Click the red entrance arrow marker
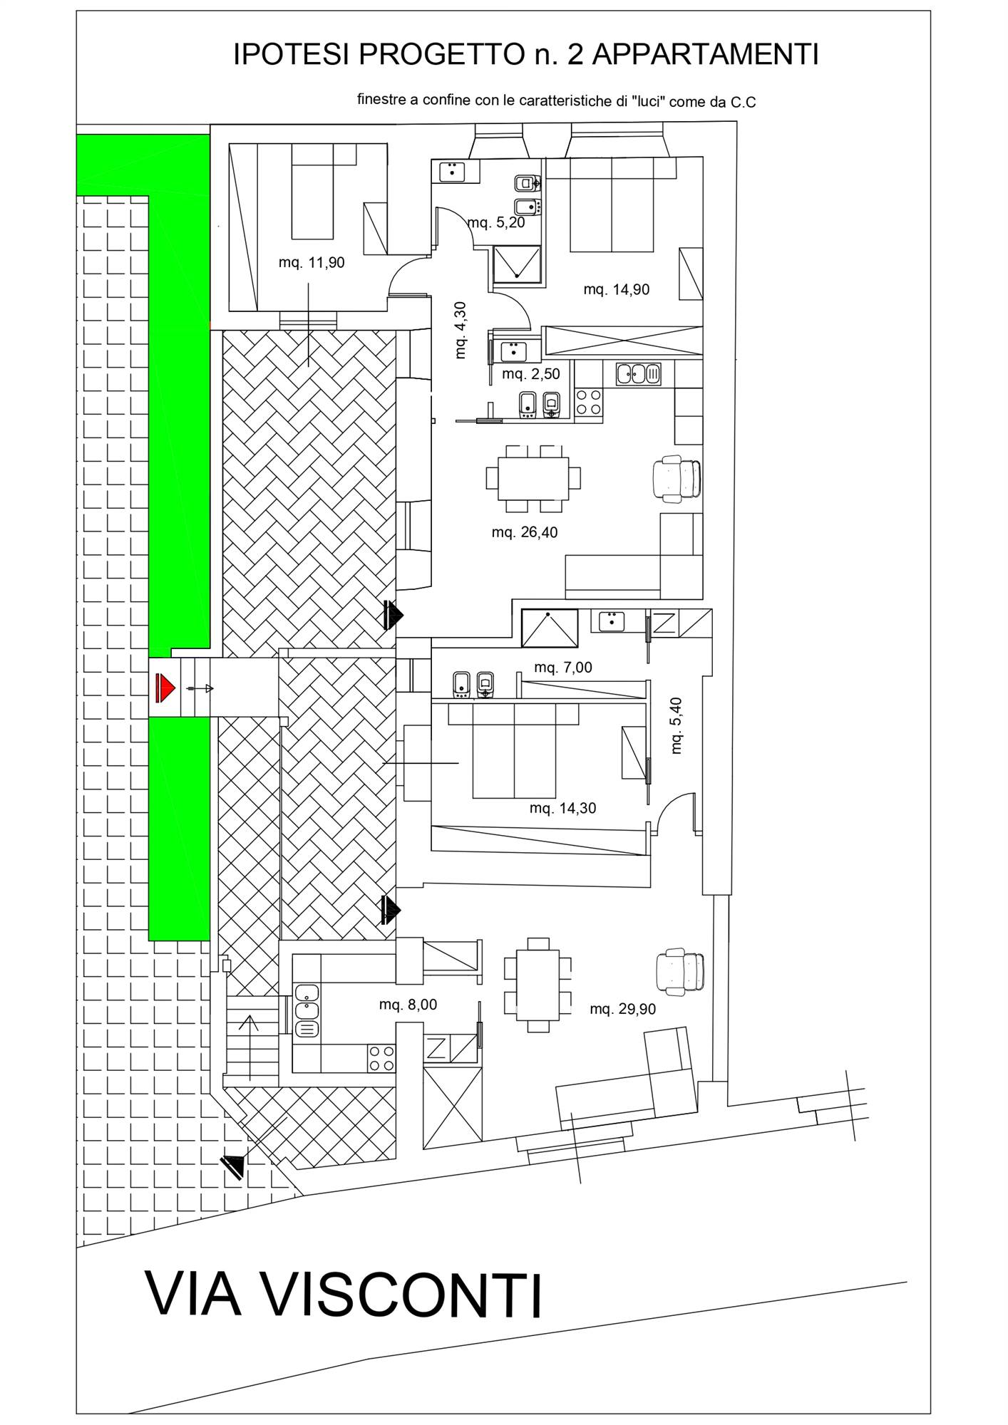point(165,688)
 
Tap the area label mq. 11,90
point(312,263)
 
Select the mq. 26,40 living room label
point(525,532)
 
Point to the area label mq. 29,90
point(623,1009)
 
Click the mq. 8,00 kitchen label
point(408,1005)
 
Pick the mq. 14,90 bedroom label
point(617,290)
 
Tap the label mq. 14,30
point(563,808)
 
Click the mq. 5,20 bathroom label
point(496,223)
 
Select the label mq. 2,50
point(531,374)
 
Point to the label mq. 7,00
point(563,668)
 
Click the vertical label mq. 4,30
point(460,330)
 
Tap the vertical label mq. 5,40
point(677,725)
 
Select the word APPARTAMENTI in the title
point(705,54)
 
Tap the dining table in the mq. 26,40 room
point(533,478)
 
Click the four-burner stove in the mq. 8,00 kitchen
point(381,1058)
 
